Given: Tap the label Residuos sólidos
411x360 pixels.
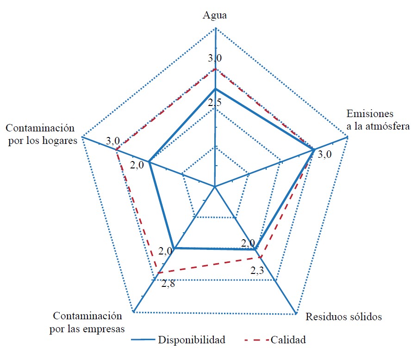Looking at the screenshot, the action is click(343, 317).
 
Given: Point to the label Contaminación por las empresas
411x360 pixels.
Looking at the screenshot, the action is click(88, 322).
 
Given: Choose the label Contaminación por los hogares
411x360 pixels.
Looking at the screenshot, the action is click(40, 134).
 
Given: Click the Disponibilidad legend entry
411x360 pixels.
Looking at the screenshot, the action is click(192, 340).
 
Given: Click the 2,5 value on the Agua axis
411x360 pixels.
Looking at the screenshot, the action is click(214, 103).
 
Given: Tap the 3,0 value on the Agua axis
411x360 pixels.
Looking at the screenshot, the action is click(214, 58).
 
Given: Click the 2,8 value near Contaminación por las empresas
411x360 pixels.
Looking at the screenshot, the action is click(168, 283).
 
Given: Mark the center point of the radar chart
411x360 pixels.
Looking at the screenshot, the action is click(215, 187).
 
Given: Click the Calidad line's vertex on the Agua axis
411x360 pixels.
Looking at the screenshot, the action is click(215, 69).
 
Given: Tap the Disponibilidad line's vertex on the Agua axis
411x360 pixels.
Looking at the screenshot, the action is click(215, 88).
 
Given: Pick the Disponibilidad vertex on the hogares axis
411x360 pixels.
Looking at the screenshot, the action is click(149, 162).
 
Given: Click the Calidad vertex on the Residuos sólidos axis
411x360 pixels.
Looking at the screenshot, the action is click(261, 257).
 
